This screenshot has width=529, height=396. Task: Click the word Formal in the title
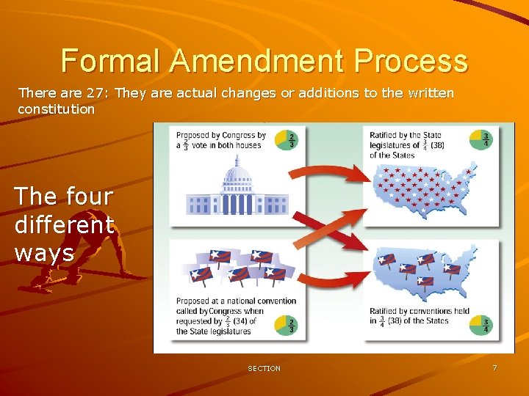[x=110, y=60]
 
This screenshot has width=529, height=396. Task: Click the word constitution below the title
[x=57, y=109]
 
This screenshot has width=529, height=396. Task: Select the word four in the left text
[x=89, y=197]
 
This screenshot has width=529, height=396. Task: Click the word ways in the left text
[x=44, y=252]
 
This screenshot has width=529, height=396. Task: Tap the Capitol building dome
[x=237, y=176]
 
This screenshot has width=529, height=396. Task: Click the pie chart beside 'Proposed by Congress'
[x=286, y=139]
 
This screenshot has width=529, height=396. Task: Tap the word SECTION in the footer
[x=264, y=368]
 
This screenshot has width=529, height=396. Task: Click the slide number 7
[x=494, y=367]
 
